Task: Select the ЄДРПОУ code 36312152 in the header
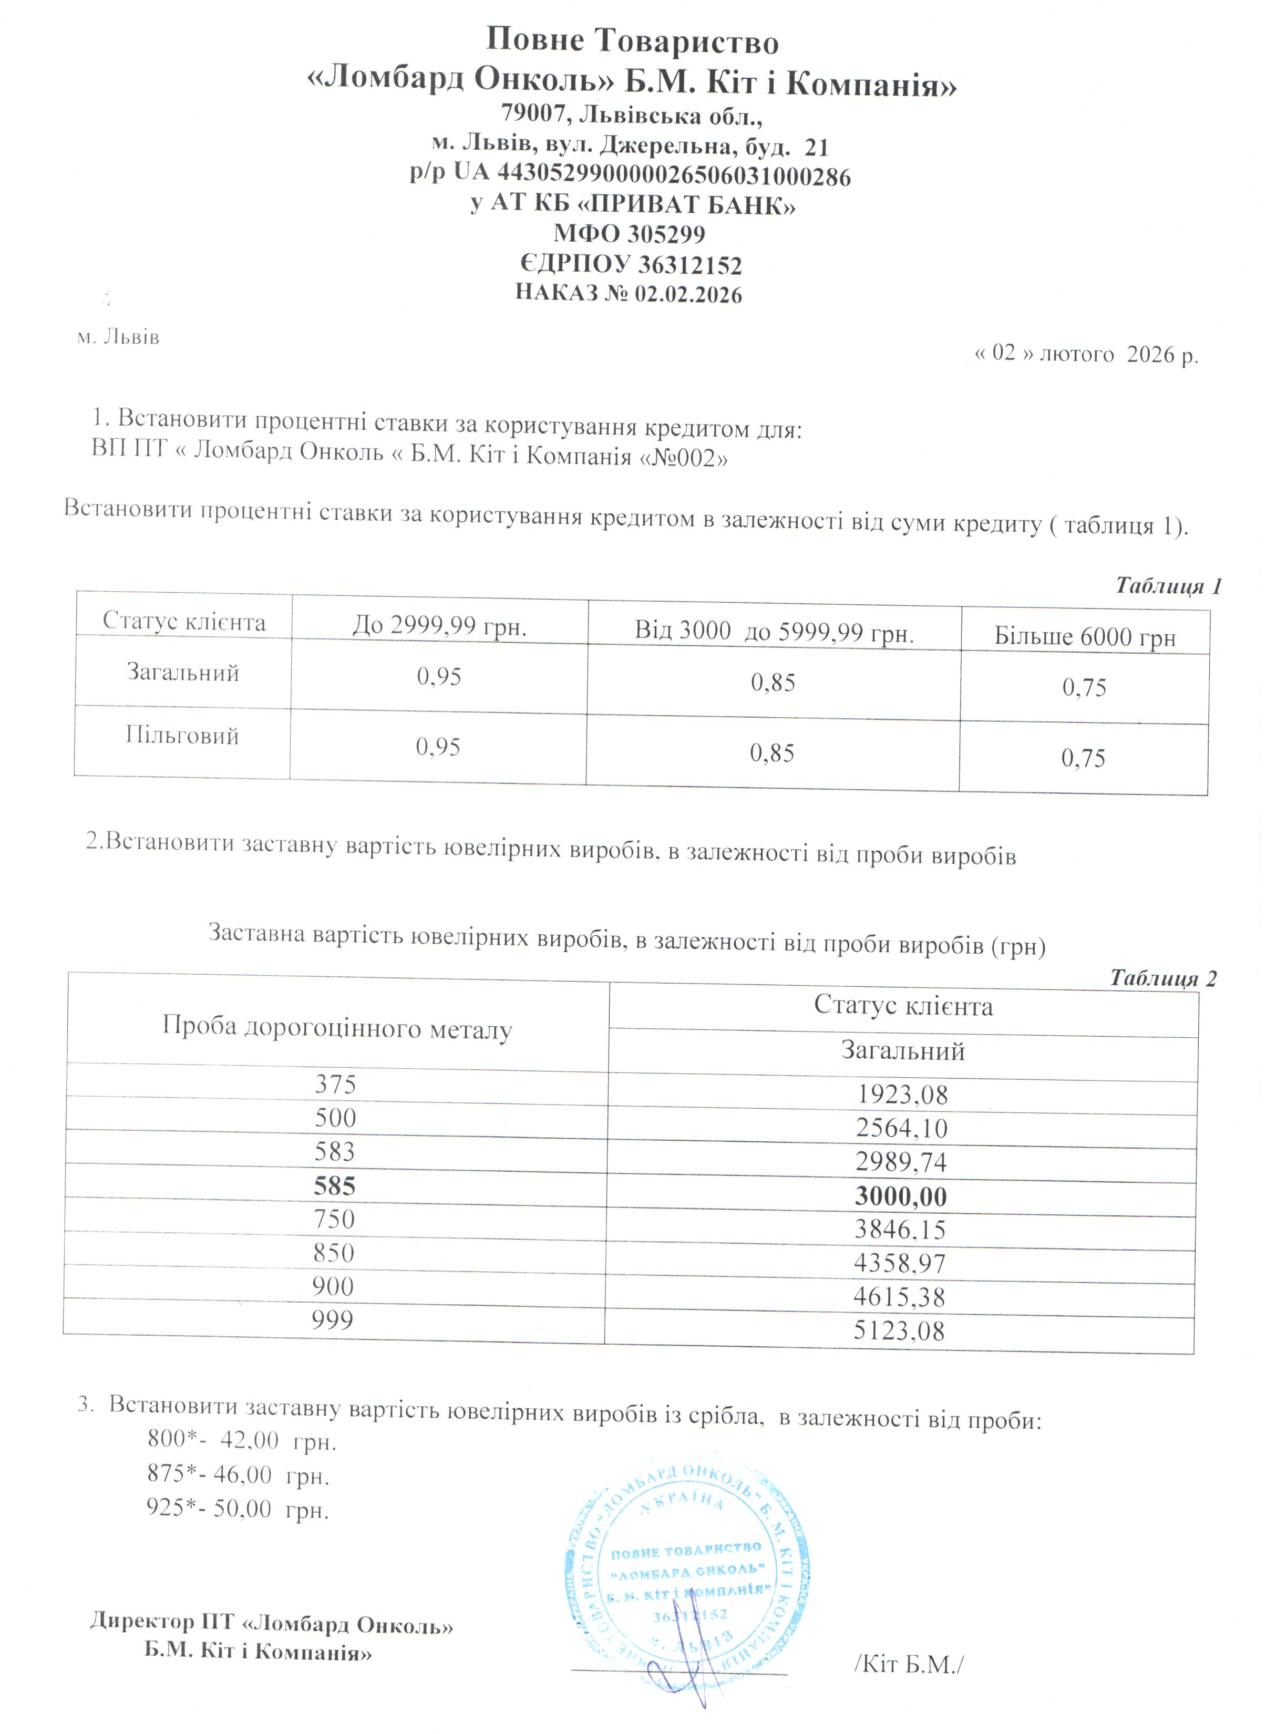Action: point(689,265)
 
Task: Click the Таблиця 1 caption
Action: point(1167,586)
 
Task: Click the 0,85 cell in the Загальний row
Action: point(773,683)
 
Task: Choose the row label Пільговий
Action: point(182,736)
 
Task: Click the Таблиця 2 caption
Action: point(1162,978)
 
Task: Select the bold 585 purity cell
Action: point(335,1186)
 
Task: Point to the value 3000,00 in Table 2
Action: point(900,1196)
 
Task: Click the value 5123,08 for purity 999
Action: point(899,1331)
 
